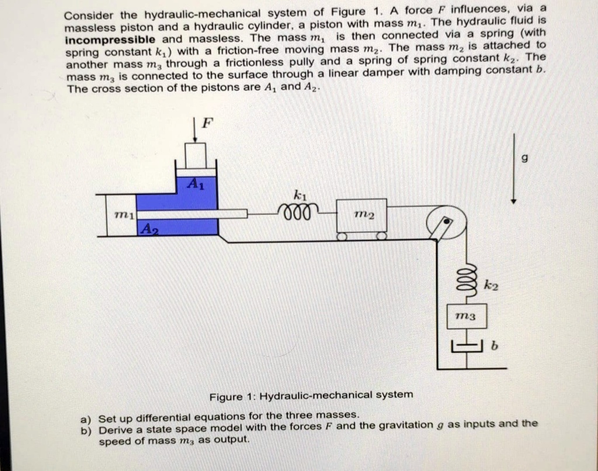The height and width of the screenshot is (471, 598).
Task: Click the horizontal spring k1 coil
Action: [x=300, y=210]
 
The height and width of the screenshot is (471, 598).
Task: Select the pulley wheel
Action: [x=446, y=224]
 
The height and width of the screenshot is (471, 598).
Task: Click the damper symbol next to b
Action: [x=465, y=349]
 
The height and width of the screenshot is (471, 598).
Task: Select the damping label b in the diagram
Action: [x=494, y=347]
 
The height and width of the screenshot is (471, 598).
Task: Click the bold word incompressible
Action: [x=110, y=40]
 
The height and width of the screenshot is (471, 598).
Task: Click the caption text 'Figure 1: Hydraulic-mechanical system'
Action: [x=311, y=395]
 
